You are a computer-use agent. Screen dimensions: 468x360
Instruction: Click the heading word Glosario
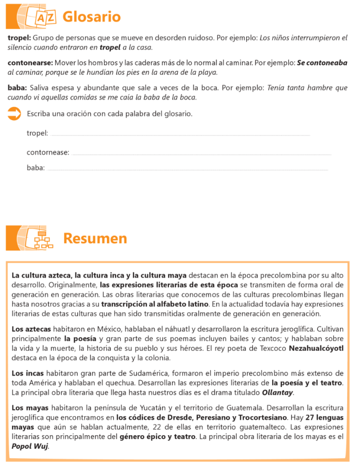91,17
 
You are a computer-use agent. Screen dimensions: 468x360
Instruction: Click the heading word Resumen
95,238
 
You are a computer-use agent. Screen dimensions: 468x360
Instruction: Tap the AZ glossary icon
45,18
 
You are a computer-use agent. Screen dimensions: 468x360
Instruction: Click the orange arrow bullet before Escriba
15,114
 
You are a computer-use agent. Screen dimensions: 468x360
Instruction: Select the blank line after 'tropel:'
180,135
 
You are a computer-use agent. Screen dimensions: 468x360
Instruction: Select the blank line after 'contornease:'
201,154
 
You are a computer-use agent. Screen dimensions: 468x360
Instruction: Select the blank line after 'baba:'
187,170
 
